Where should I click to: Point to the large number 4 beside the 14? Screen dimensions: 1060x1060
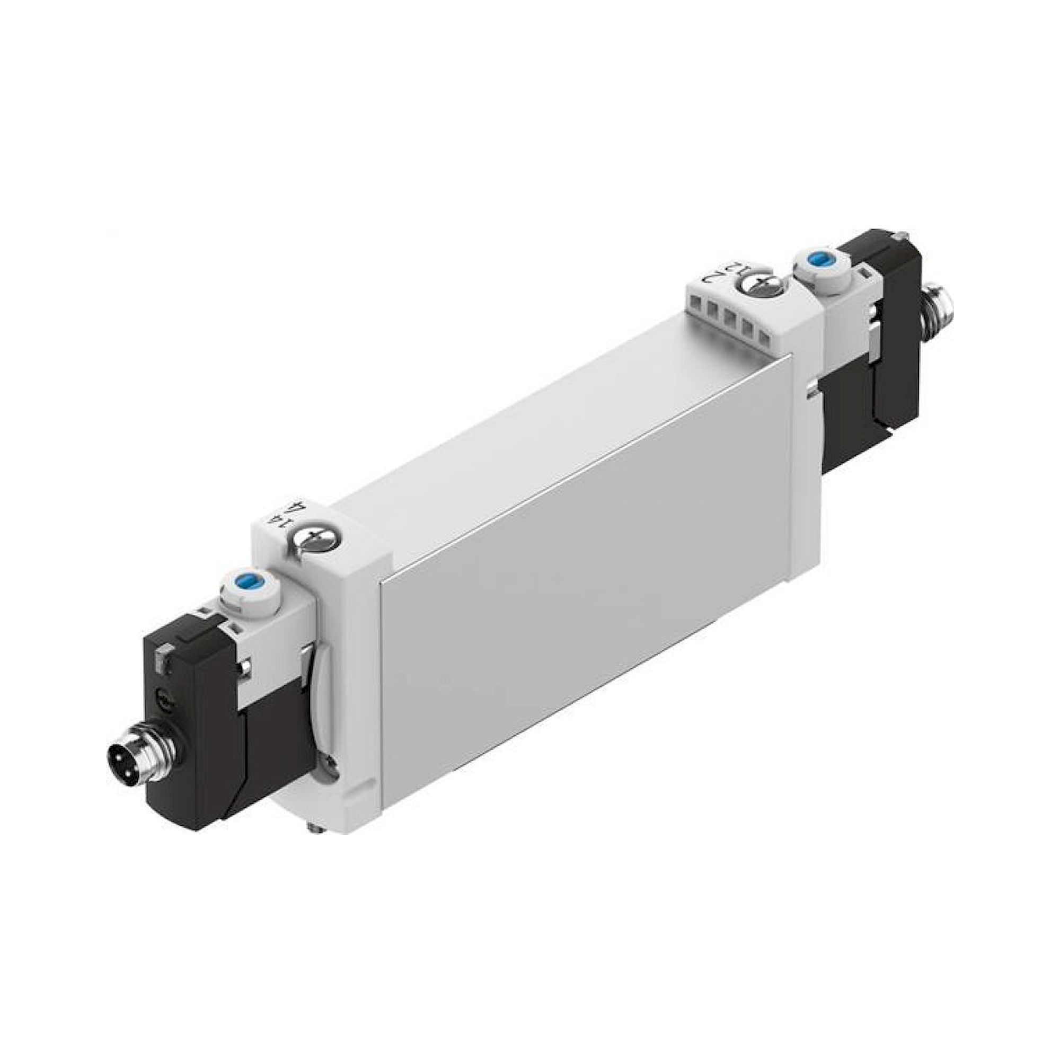(x=299, y=505)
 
